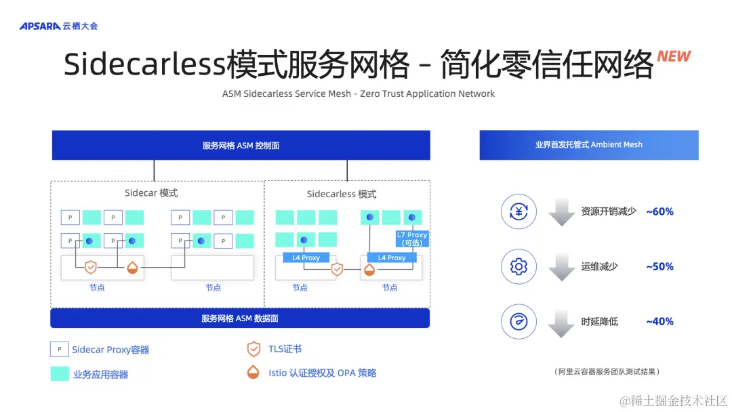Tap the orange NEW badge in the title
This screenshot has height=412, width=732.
click(674, 57)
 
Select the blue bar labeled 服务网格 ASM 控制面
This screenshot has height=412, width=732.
click(241, 145)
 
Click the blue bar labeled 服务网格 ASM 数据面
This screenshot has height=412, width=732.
click(240, 318)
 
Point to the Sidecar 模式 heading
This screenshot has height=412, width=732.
click(151, 193)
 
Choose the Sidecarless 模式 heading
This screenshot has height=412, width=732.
click(341, 194)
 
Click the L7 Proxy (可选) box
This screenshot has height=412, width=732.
click(412, 239)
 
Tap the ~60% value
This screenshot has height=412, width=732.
click(659, 211)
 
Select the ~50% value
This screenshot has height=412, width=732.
click(659, 266)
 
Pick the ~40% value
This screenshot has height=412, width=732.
click(659, 321)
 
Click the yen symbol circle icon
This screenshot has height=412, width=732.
click(518, 211)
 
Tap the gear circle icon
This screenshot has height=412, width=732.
click(518, 266)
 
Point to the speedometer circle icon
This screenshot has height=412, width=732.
click(518, 321)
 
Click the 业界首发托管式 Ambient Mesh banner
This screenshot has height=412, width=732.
click(588, 145)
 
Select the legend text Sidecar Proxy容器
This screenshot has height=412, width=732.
click(110, 350)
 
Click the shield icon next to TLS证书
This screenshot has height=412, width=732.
click(253, 349)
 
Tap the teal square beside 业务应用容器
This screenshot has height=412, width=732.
click(60, 373)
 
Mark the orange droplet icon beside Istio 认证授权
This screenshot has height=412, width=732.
click(253, 372)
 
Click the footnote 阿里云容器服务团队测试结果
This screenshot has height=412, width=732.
click(607, 371)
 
